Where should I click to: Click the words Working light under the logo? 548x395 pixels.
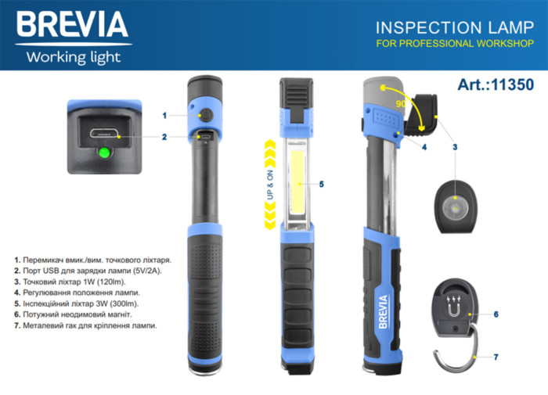coord(74,56)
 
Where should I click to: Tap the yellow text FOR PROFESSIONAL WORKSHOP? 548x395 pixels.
coord(454,44)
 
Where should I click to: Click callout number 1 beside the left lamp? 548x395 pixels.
coord(165,115)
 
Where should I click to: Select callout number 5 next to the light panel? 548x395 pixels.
coord(321,184)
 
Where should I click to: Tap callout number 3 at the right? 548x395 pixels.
coord(454,146)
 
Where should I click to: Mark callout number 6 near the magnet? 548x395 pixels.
coord(496,314)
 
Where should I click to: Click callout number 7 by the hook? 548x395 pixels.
coord(496,357)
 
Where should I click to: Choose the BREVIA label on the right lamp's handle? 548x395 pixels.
coord(383,311)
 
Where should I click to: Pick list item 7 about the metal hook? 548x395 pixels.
coord(86,325)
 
